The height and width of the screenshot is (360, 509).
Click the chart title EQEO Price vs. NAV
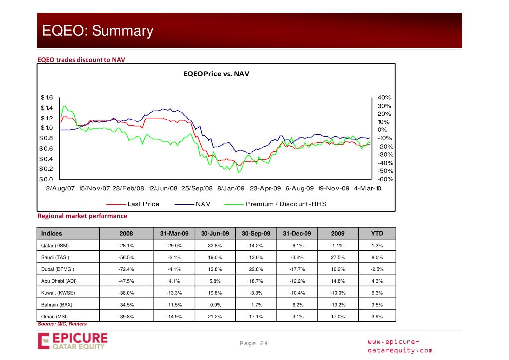click(x=216, y=74)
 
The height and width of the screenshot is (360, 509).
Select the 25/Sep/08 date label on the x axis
click(x=197, y=189)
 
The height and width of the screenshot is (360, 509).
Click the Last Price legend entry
click(x=143, y=204)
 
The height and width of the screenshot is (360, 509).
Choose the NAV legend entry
click(x=204, y=204)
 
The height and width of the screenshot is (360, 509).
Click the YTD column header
click(x=377, y=233)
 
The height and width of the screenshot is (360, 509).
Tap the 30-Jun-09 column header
click(x=215, y=233)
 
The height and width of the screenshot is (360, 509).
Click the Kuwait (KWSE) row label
click(x=58, y=293)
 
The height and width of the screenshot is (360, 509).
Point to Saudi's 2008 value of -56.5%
click(x=126, y=257)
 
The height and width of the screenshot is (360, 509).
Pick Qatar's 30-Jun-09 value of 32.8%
click(x=215, y=246)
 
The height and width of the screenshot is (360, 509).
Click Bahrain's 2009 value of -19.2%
click(x=338, y=305)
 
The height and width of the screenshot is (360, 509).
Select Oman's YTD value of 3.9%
click(x=377, y=317)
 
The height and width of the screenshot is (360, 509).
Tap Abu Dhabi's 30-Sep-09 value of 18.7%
click(x=256, y=281)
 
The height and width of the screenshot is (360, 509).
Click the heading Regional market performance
click(x=83, y=216)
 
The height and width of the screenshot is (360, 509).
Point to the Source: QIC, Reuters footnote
click(x=62, y=324)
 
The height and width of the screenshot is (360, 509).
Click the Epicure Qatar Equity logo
click(x=73, y=342)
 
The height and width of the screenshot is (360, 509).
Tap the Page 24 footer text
click(x=254, y=343)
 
